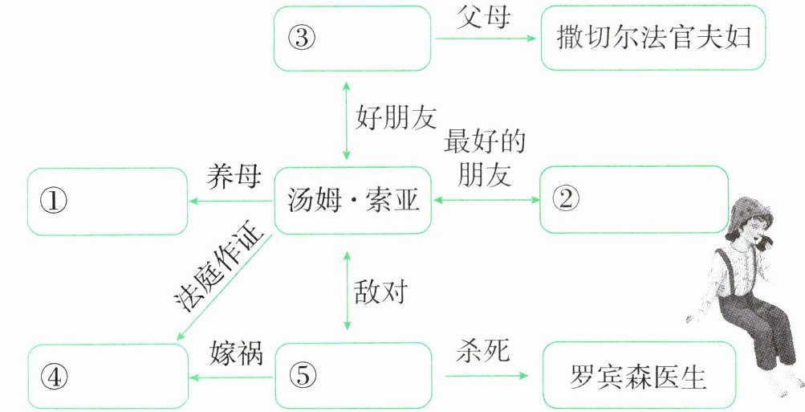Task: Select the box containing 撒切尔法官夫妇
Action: tap(636, 38)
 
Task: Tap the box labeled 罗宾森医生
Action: tap(639, 376)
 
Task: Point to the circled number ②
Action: tap(566, 200)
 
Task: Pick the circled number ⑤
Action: tap(303, 375)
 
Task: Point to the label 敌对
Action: tap(380, 292)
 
